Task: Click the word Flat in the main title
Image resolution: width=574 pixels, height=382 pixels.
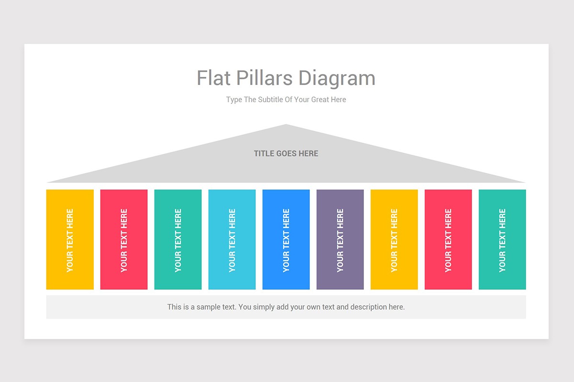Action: pyautogui.click(x=213, y=78)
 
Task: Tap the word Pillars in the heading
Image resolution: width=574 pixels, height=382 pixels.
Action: pyautogui.click(x=264, y=78)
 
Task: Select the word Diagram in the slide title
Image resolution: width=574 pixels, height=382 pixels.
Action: pyautogui.click(x=337, y=79)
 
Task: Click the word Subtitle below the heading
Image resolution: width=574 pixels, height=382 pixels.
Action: pyautogui.click(x=270, y=99)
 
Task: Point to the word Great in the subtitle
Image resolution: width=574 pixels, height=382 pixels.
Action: pyautogui.click(x=320, y=99)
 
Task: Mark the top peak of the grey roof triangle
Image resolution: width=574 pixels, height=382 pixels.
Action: pyautogui.click(x=286, y=125)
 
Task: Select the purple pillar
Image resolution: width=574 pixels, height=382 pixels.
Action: pyautogui.click(x=340, y=240)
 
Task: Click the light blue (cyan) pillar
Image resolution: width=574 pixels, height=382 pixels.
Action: pyautogui.click(x=232, y=240)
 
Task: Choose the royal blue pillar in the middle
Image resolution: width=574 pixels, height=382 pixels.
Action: pyautogui.click(x=286, y=240)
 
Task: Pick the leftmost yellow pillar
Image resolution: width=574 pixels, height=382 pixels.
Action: pyautogui.click(x=70, y=240)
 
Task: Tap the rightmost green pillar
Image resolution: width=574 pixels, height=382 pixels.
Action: pyautogui.click(x=502, y=240)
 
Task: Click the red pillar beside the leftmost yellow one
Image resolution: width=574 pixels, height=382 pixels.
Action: pyautogui.click(x=124, y=240)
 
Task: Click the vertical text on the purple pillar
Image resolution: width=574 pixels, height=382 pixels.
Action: pyautogui.click(x=340, y=241)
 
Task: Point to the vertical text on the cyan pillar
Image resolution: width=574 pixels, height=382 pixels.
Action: pyautogui.click(x=232, y=241)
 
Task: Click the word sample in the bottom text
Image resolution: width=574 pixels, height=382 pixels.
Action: pyautogui.click(x=208, y=307)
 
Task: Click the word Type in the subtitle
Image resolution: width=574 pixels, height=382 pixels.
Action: pyautogui.click(x=234, y=100)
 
